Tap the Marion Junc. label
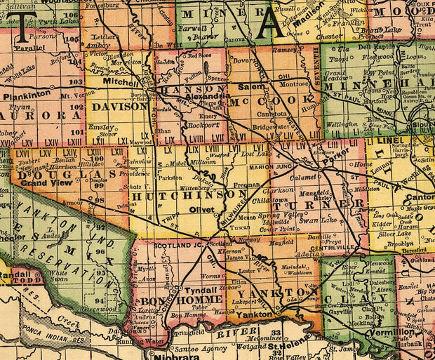click(270, 166)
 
